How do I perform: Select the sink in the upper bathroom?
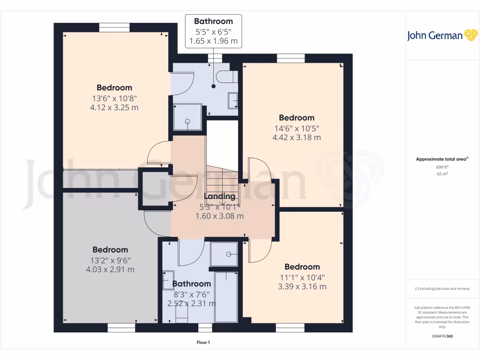pyautogui.click(x=232, y=100)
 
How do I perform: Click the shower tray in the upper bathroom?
pyautogui.click(x=187, y=117)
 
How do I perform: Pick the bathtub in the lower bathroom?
pyautogui.click(x=226, y=296)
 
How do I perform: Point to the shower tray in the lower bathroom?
pyautogui.click(x=224, y=254)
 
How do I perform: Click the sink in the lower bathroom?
pyautogui.click(x=168, y=280)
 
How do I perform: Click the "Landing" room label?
pyautogui.click(x=219, y=196)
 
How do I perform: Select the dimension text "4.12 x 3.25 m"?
pyautogui.click(x=114, y=107)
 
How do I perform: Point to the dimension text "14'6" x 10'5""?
pyautogui.click(x=296, y=128)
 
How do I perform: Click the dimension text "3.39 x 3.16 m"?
pyautogui.click(x=302, y=286)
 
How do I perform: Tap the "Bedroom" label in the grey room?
pyautogui.click(x=110, y=250)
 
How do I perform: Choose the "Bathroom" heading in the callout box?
pyautogui.click(x=213, y=21)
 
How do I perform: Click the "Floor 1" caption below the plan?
pyautogui.click(x=203, y=343)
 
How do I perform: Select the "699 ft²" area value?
pyautogui.click(x=442, y=167)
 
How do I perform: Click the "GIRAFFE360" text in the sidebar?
pyautogui.click(x=442, y=336)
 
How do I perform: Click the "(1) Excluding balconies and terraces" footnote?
pyautogui.click(x=442, y=289)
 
